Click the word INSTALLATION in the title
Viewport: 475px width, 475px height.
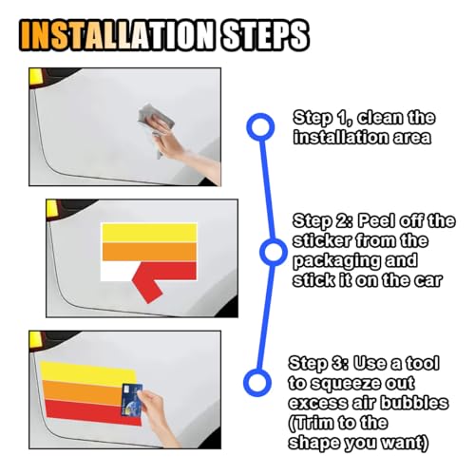(117, 35)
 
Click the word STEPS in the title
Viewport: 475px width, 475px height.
(265, 35)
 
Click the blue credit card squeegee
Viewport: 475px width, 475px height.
(132, 400)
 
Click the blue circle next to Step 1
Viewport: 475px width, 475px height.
(260, 127)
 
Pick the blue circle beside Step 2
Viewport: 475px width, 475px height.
(273, 252)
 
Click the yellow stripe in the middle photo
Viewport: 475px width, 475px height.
(149, 233)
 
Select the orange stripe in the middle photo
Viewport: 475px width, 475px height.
(149, 253)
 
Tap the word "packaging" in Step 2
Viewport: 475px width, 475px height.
(335, 261)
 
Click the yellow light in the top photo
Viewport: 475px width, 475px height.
(35, 76)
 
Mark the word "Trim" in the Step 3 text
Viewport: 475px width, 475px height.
(311, 423)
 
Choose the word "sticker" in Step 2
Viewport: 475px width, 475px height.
(322, 241)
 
